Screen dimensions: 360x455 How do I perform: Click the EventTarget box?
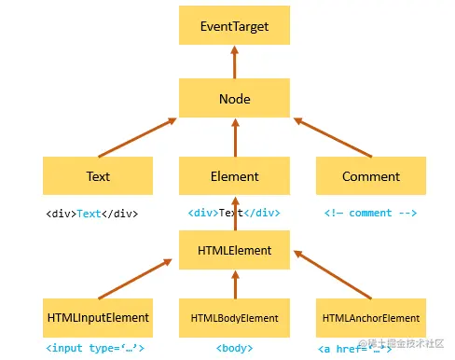tap(234, 26)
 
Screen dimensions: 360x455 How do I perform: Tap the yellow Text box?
tap(98, 175)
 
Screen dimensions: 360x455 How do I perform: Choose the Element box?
tap(234, 175)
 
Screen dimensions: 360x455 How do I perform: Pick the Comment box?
tap(370, 175)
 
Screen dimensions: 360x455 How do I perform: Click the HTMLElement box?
tap(234, 250)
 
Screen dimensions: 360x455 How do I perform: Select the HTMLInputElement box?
tap(98, 318)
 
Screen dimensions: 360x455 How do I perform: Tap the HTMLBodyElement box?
tap(234, 318)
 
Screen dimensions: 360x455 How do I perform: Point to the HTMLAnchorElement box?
tap(370, 318)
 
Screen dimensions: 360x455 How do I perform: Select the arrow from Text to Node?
tap(135, 137)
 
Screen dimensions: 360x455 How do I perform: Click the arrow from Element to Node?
tap(234, 137)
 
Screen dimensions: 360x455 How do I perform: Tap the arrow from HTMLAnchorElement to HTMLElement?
tap(332, 275)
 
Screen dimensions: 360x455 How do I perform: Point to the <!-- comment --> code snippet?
tap(370, 213)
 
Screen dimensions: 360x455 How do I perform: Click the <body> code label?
tap(234, 348)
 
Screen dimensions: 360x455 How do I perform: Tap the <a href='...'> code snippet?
tap(355, 348)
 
